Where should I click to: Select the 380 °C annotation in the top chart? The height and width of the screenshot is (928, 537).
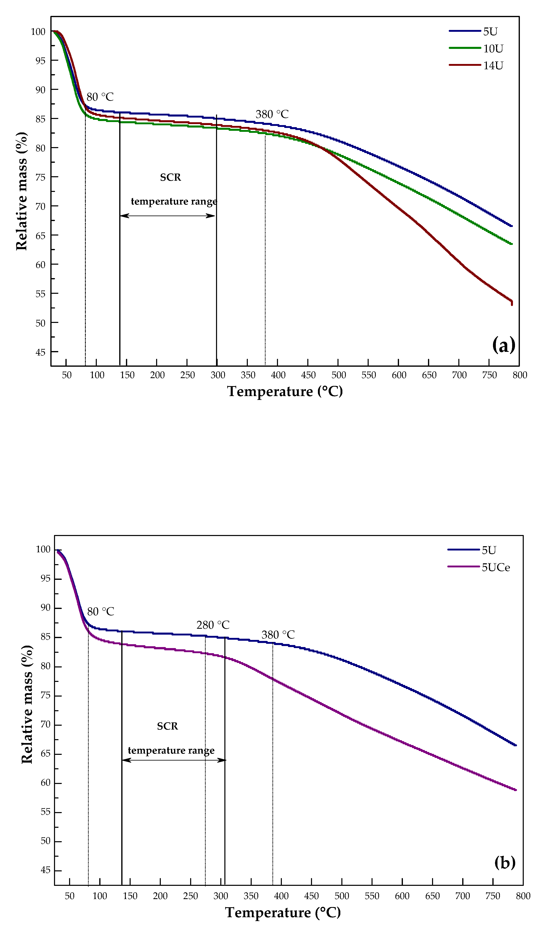point(272,114)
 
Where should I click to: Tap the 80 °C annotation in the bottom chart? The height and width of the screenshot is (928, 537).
point(100,612)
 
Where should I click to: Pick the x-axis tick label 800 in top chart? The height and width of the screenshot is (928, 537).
point(519,375)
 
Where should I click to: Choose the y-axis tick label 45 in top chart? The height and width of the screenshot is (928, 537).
point(40,352)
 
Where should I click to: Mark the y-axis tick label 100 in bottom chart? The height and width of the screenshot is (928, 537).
point(43,549)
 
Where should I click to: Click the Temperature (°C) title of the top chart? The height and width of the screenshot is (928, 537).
point(285,391)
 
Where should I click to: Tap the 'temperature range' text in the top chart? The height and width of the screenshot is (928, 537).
point(174,201)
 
